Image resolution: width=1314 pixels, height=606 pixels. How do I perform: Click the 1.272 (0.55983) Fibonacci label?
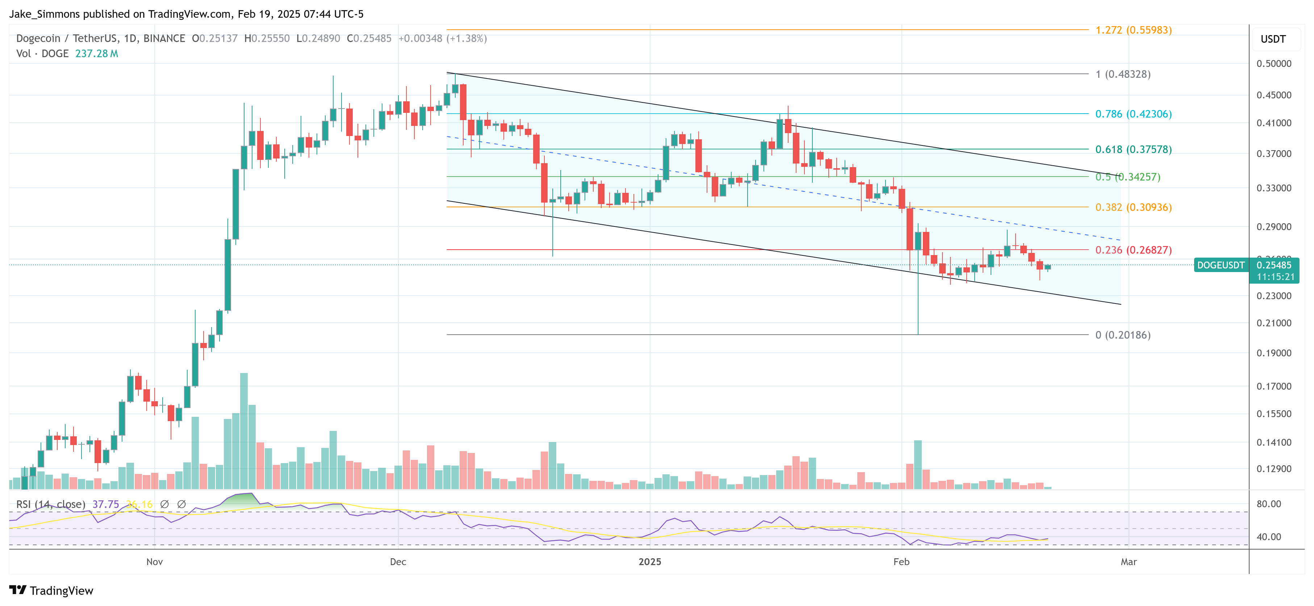pyautogui.click(x=1133, y=30)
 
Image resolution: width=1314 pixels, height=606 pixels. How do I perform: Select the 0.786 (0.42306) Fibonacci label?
pyautogui.click(x=1133, y=114)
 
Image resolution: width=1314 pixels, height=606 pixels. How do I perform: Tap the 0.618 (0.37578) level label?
pyautogui.click(x=1133, y=149)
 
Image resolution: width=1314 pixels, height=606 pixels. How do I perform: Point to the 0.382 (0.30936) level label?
pyautogui.click(x=1133, y=207)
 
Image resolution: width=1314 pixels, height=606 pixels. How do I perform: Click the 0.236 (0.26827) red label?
pyautogui.click(x=1133, y=250)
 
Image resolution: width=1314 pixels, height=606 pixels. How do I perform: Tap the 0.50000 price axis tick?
pyautogui.click(x=1274, y=64)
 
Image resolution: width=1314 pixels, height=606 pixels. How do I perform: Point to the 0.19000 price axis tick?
pyautogui.click(x=1274, y=353)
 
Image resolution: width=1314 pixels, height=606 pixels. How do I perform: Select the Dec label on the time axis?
pyautogui.click(x=398, y=561)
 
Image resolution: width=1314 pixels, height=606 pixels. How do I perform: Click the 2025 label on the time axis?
pyautogui.click(x=650, y=561)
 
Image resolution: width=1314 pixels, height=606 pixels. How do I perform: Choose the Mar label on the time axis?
pyautogui.click(x=1128, y=561)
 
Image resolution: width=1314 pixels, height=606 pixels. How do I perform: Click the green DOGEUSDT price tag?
pyautogui.click(x=1220, y=265)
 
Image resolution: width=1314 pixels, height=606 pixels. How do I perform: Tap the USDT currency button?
pyautogui.click(x=1273, y=39)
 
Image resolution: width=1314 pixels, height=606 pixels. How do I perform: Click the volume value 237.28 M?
pyautogui.click(x=96, y=54)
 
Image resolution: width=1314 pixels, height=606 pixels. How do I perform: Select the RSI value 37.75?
pyautogui.click(x=106, y=504)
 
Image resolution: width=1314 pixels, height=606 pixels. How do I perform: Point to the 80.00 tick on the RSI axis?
pyautogui.click(x=1269, y=504)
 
